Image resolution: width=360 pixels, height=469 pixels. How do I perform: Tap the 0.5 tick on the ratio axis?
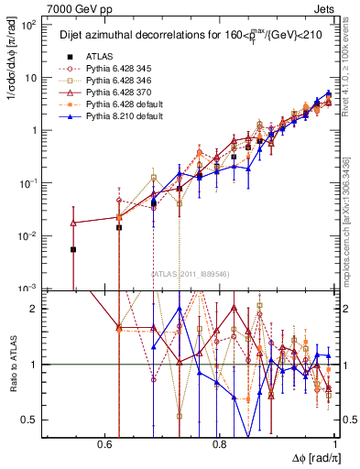tap(32, 420)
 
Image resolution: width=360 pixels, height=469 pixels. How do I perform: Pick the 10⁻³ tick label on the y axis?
tap(29, 288)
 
